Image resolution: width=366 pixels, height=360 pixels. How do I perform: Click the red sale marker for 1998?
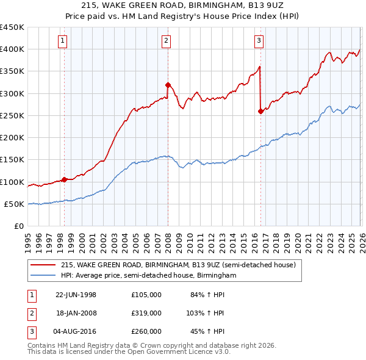tap(64, 179)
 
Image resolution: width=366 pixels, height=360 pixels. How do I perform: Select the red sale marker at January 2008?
tap(168, 85)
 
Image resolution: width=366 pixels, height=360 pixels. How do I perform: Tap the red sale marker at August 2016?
tap(260, 111)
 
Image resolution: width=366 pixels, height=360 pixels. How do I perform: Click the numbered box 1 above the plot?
tap(64, 41)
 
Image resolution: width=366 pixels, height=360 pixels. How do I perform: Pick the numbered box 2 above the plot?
tap(166, 41)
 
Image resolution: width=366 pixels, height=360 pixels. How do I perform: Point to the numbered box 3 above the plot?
tap(259, 41)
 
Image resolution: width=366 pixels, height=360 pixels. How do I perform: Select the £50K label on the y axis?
tap(14, 204)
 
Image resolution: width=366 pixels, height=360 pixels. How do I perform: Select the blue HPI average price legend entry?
tap(148, 276)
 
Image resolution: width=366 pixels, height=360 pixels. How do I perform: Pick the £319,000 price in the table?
tap(146, 312)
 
